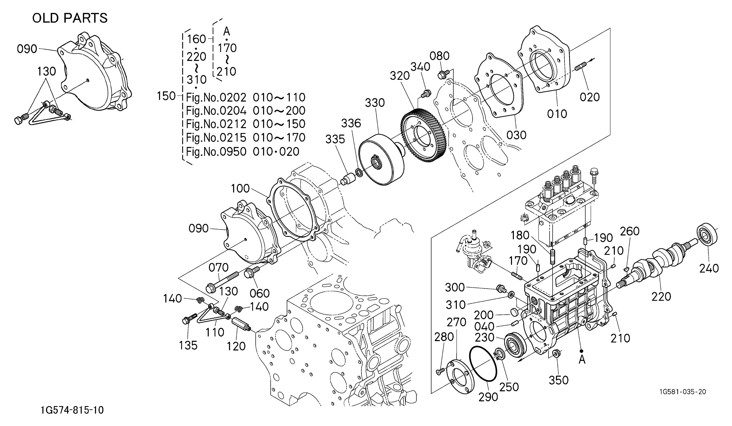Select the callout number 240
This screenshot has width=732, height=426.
709,268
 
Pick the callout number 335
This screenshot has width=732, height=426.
335,139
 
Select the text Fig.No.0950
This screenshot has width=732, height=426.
216,151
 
